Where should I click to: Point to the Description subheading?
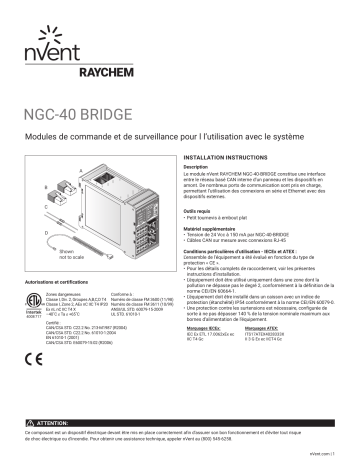click(197, 167)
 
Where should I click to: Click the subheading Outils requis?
click(201, 212)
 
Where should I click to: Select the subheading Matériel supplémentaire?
click(214, 228)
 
